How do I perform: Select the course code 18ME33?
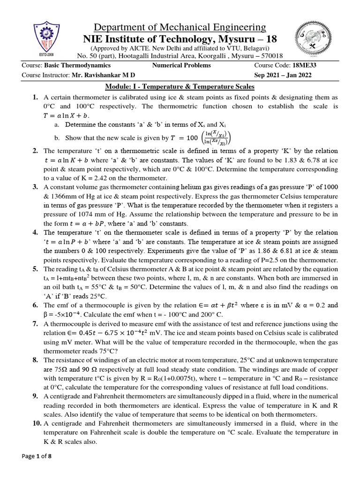[x=299, y=66]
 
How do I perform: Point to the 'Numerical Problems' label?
[x=181, y=66]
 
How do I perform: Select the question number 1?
[x=35, y=97]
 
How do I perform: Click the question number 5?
[x=35, y=269]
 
